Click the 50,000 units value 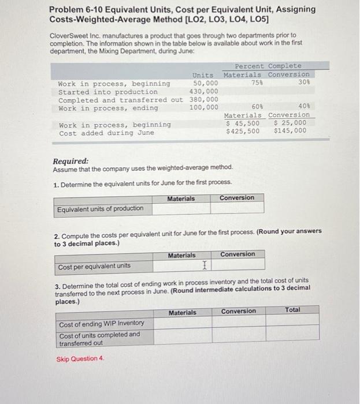click(205, 83)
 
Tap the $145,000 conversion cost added click(290, 131)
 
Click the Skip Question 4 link click(80, 358)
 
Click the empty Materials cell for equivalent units click(181, 208)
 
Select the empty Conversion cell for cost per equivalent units click(237, 265)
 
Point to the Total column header click(292, 311)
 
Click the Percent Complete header click(268, 66)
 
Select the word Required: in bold click(70, 162)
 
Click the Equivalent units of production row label click(101, 208)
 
